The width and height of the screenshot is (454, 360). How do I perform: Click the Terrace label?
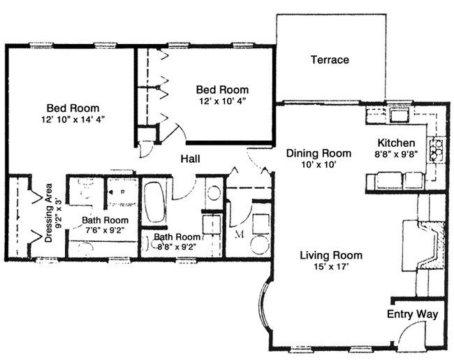click(x=329, y=60)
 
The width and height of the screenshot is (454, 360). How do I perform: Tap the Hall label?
click(x=191, y=159)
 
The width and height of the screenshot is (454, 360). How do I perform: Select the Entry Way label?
click(x=412, y=315)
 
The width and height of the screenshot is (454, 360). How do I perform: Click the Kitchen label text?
click(x=397, y=143)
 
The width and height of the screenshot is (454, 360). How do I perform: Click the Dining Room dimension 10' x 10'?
click(x=317, y=165)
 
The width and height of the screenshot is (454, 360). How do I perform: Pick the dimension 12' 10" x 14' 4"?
click(x=73, y=120)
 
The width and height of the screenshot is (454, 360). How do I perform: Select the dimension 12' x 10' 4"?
click(x=221, y=101)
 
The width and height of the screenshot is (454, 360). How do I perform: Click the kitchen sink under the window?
click(x=400, y=115)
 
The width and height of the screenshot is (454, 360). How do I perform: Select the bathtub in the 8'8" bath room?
click(x=154, y=203)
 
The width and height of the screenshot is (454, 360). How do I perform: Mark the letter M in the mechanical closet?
click(x=239, y=233)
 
